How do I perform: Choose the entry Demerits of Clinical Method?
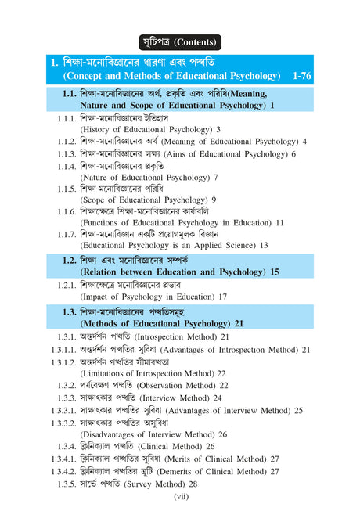pyautogui.click(x=184, y=471)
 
